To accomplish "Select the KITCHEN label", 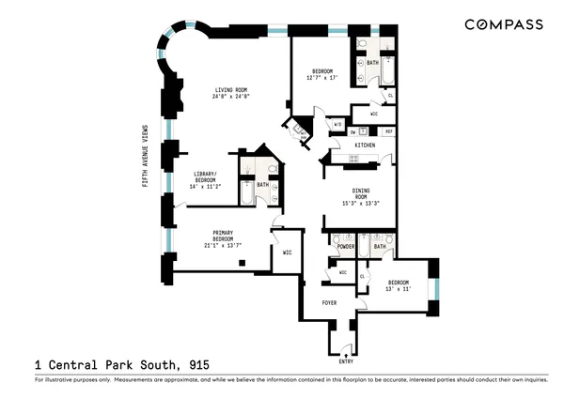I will tap(366, 145).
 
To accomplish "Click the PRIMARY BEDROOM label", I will tap(223, 236).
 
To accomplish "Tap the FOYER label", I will tap(330, 303).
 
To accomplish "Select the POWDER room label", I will tap(342, 253).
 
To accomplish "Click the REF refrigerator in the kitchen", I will tap(388, 132).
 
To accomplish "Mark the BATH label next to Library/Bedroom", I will tap(262, 184).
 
